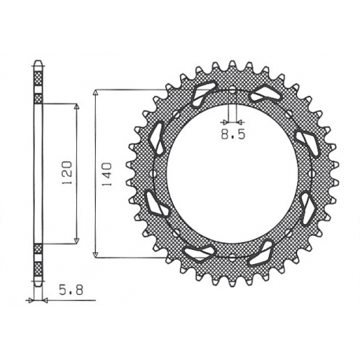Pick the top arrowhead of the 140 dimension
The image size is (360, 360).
[x=95, y=91]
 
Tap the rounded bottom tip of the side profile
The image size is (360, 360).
[x=37, y=284]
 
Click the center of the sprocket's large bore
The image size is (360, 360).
[x=233, y=173]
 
